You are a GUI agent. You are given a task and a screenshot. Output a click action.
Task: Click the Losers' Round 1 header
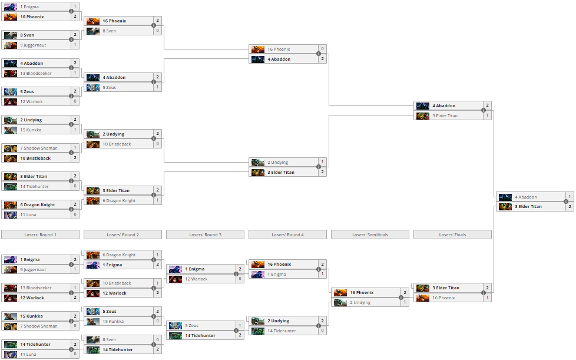click(40, 235)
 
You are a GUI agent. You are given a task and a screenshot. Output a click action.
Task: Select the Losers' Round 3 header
click(205, 235)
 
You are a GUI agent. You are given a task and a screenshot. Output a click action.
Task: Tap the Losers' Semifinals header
click(370, 235)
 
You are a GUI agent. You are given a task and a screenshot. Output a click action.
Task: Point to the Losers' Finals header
click(452, 235)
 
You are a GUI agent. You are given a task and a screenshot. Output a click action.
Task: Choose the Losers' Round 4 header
click(287, 235)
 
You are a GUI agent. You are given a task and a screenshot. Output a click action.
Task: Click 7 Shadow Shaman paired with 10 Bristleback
click(41, 148)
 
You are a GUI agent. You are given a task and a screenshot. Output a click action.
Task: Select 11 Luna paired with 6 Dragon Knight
click(41, 215)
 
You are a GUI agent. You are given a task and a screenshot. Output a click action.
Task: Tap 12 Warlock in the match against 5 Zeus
click(41, 102)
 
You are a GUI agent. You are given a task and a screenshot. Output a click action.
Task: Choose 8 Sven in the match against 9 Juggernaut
click(41, 35)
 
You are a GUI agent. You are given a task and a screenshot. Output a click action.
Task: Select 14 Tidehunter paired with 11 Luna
click(41, 345)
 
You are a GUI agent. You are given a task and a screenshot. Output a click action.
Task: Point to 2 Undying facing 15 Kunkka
click(41, 120)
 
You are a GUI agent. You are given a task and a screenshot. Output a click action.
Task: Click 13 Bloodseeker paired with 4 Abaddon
click(41, 74)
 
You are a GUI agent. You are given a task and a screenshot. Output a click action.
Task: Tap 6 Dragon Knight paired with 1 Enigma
click(123, 255)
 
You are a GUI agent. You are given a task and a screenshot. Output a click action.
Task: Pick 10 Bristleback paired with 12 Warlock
click(123, 283)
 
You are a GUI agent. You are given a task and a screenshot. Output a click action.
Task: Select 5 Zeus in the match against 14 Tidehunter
click(205, 326)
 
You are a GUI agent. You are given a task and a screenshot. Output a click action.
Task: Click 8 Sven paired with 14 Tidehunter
click(123, 340)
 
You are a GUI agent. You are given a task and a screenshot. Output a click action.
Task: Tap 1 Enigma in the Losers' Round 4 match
click(287, 275)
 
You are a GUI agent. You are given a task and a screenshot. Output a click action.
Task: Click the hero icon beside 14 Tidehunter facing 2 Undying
click(258, 331)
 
